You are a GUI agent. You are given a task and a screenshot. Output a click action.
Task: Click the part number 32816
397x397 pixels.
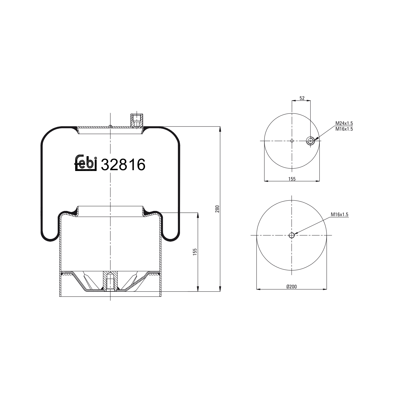[x=123, y=165]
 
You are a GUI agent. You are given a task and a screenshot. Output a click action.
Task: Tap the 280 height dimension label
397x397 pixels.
[x=217, y=209]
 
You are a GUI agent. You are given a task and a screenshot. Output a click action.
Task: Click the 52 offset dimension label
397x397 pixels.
[x=302, y=98]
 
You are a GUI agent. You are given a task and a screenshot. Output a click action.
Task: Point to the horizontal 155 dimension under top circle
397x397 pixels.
[x=292, y=179]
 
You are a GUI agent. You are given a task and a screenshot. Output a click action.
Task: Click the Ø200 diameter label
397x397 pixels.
[x=291, y=286]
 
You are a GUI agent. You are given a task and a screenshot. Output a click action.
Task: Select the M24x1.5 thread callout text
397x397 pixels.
[x=344, y=123]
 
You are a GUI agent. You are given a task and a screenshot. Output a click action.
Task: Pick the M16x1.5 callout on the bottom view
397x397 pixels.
[x=340, y=215]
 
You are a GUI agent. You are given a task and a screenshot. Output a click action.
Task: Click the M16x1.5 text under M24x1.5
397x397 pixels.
[x=344, y=129]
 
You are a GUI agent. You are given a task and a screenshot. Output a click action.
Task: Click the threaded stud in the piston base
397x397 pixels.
[x=110, y=281]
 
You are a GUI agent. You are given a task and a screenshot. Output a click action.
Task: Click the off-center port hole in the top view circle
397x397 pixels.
[x=310, y=141]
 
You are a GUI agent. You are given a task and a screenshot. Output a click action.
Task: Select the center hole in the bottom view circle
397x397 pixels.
[x=291, y=235]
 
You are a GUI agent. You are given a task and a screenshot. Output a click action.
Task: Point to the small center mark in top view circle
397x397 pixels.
[x=292, y=141]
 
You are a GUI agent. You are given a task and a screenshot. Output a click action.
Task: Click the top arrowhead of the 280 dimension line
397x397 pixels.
[x=220, y=129]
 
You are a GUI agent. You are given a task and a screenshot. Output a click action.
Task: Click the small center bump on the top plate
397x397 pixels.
[x=110, y=126]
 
